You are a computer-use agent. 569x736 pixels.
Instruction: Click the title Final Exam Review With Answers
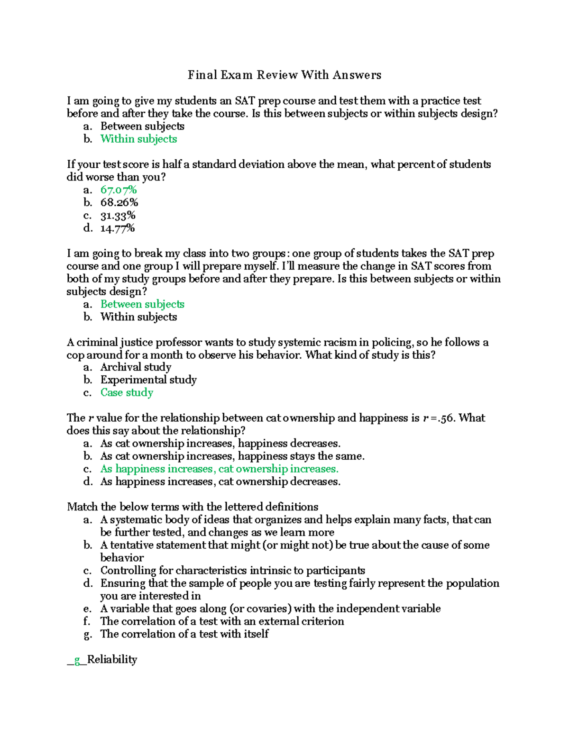284,75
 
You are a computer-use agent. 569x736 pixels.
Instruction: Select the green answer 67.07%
119,190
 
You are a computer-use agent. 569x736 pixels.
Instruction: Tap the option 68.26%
119,203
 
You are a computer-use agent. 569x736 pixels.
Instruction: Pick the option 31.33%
118,216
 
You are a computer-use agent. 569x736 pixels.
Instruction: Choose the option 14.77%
118,228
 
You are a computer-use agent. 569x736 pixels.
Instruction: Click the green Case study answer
127,392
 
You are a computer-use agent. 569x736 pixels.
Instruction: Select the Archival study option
136,367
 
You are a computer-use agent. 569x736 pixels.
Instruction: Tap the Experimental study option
148,380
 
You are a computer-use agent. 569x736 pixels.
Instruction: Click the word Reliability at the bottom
112,660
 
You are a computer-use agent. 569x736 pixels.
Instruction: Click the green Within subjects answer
138,139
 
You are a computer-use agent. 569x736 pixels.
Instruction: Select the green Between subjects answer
142,304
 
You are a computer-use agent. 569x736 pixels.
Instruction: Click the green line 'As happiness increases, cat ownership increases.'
219,469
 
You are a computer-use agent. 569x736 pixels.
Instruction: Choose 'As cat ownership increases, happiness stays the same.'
232,456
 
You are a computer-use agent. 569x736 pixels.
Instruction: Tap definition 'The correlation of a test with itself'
184,634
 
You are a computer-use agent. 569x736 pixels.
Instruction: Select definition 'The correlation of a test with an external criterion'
222,621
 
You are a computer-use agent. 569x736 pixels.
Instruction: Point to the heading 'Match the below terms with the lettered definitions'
193,507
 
